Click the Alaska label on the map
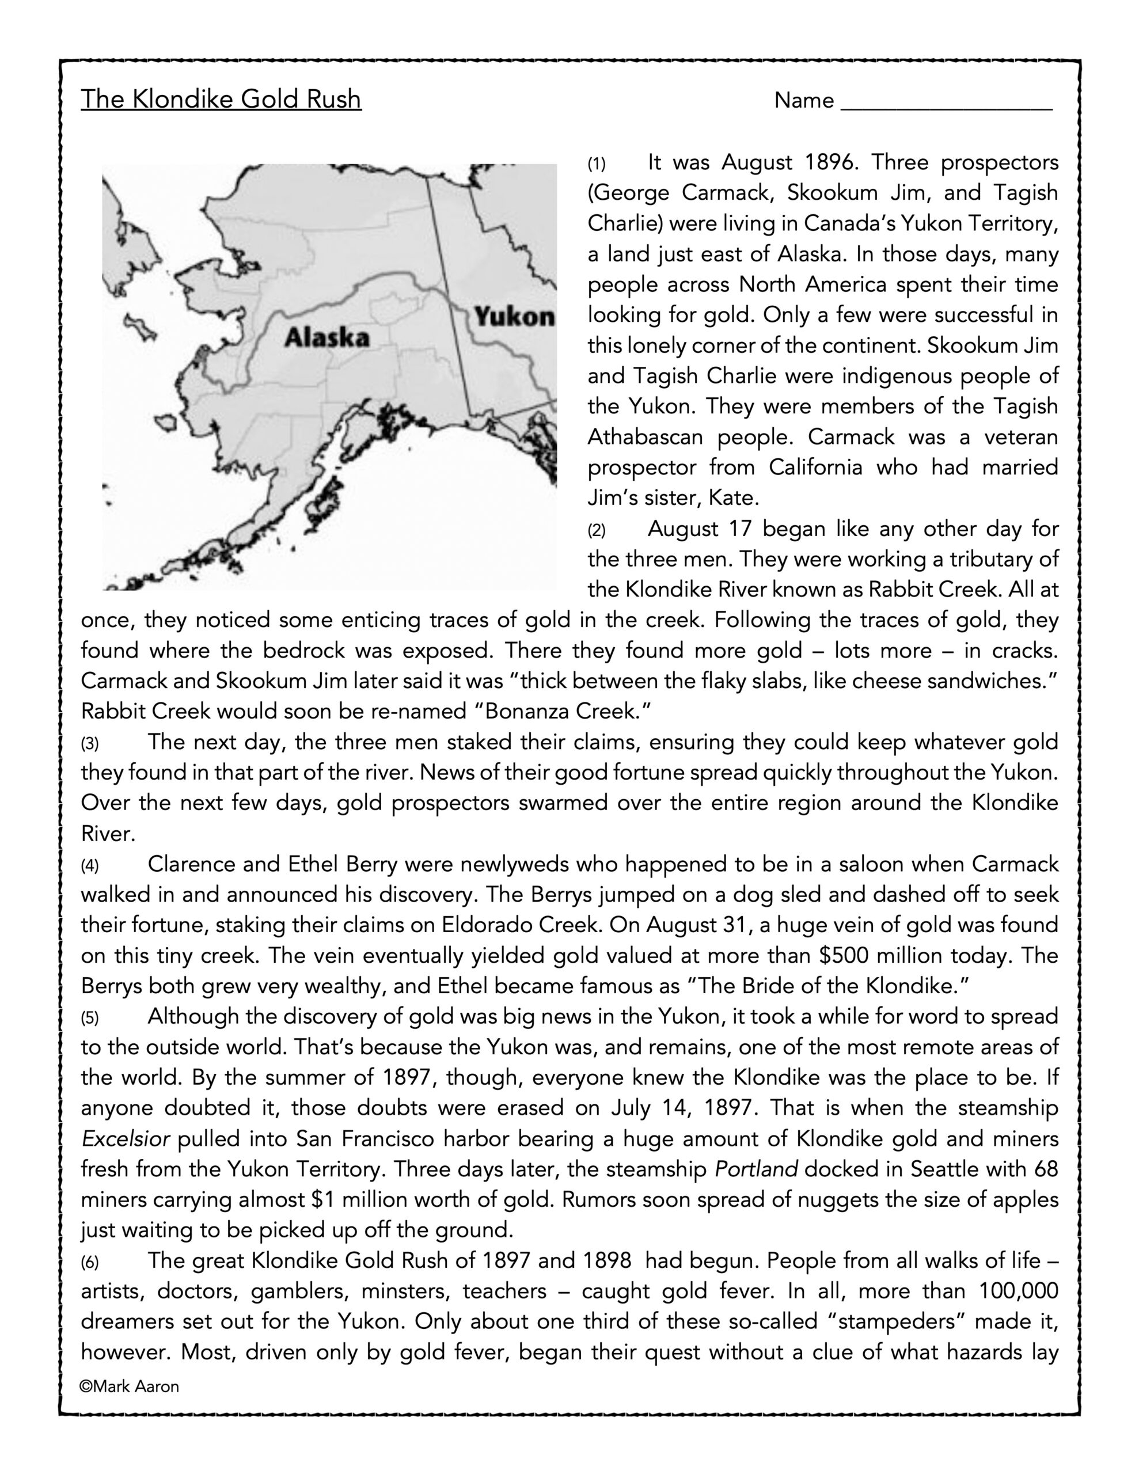point(326,337)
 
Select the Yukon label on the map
point(514,316)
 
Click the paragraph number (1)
point(596,164)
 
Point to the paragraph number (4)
point(90,866)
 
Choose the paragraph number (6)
point(90,1262)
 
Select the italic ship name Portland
point(756,1169)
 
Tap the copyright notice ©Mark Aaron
point(130,1386)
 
